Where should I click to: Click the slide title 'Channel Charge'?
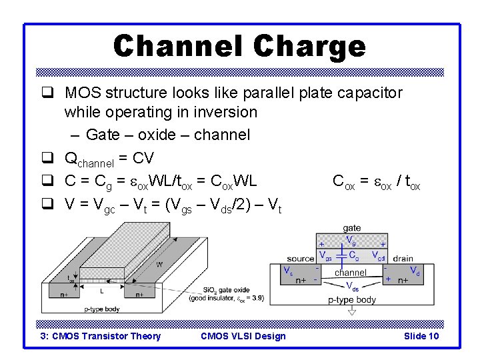[x=239, y=46]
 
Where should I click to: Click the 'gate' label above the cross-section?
[x=351, y=228]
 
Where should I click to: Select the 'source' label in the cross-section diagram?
[x=301, y=259]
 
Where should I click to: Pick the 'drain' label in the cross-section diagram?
[x=403, y=259]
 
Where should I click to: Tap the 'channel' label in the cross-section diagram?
[x=351, y=273]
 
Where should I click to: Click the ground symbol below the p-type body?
[x=352, y=311]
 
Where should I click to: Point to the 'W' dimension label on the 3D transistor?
[x=159, y=265]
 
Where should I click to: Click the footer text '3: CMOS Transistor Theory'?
[x=101, y=336]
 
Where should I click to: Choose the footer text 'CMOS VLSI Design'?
[x=243, y=336]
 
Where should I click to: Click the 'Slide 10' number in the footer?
[x=421, y=336]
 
